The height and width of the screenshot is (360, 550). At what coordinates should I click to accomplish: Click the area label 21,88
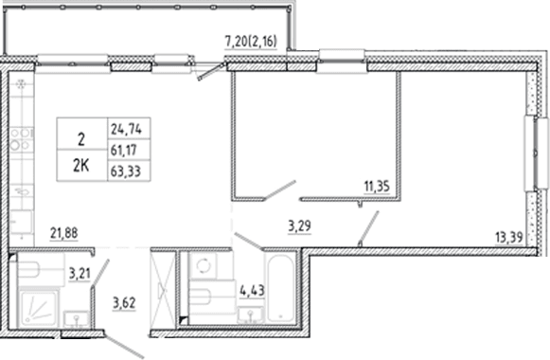click(x=63, y=233)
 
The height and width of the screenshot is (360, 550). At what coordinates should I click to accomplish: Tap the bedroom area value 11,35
click(x=377, y=187)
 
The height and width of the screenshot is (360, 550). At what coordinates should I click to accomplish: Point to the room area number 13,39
click(x=509, y=238)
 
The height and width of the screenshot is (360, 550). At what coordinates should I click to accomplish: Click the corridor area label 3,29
click(x=299, y=226)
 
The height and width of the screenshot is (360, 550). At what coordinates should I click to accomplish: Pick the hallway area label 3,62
click(x=124, y=302)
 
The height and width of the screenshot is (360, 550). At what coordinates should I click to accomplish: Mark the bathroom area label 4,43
click(x=252, y=291)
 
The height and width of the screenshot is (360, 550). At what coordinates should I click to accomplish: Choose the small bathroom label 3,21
click(x=80, y=274)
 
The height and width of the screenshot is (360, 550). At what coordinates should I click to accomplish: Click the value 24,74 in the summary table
click(x=126, y=130)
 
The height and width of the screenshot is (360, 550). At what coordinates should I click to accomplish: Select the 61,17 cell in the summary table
click(x=124, y=151)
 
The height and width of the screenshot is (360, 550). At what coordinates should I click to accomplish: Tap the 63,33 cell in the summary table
click(x=126, y=171)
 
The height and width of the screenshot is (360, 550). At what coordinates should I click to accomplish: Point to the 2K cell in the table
click(x=81, y=166)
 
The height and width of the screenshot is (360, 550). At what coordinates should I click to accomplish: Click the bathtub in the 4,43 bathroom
click(x=280, y=289)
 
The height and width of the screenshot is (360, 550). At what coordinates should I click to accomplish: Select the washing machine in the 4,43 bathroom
click(x=203, y=265)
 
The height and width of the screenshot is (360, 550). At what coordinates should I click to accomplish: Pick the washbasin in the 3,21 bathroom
click(x=77, y=319)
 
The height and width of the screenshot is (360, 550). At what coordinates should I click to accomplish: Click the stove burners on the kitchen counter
click(x=20, y=139)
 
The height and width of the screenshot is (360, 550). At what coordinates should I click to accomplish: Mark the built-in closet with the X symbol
click(x=163, y=290)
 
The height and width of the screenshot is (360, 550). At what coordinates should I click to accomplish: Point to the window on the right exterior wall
click(x=536, y=153)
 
